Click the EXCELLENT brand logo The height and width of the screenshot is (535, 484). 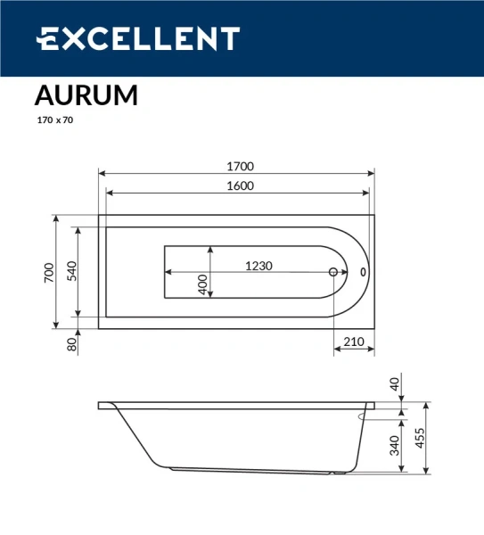coord(137,38)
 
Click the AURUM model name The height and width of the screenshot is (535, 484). coord(86,95)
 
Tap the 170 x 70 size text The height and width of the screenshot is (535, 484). coord(54,119)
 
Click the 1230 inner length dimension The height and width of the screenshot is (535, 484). coord(258,266)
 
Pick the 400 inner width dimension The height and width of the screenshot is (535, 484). coord(202,284)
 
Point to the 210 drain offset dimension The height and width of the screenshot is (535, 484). coord(354,342)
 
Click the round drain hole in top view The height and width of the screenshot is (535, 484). coord(334,273)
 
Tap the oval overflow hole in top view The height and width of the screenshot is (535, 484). coord(363,273)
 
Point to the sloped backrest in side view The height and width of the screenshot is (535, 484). coord(134,436)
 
